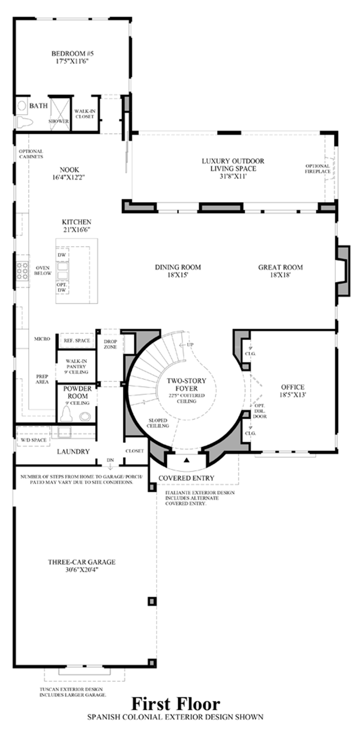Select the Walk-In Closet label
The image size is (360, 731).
click(85, 114)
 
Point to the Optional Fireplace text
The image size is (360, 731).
click(317, 169)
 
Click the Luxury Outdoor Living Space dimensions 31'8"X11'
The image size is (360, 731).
click(233, 176)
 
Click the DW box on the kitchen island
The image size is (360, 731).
click(62, 255)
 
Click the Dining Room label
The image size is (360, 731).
click(178, 267)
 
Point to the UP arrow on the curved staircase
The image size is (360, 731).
click(187, 345)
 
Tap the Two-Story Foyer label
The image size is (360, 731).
click(186, 384)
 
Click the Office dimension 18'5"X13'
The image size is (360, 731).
click(292, 395)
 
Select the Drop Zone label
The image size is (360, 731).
click(110, 344)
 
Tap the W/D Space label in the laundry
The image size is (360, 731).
click(34, 440)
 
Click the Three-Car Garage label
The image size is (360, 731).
click(82, 562)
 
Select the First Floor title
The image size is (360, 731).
click(175, 704)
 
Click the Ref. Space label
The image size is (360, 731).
click(77, 340)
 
